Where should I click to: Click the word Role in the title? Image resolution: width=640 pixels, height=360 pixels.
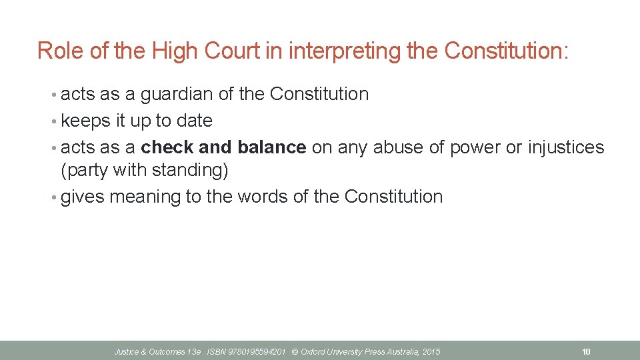point(57,51)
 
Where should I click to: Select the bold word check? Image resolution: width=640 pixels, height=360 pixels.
point(168,147)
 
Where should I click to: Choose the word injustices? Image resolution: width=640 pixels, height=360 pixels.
point(566,148)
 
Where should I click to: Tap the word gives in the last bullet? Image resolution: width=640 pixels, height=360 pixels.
point(83,197)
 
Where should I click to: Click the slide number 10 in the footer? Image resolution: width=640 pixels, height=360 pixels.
point(586,351)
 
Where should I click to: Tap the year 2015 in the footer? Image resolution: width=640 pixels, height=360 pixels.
point(431,351)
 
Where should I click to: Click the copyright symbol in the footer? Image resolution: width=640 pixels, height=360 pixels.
point(295,351)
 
